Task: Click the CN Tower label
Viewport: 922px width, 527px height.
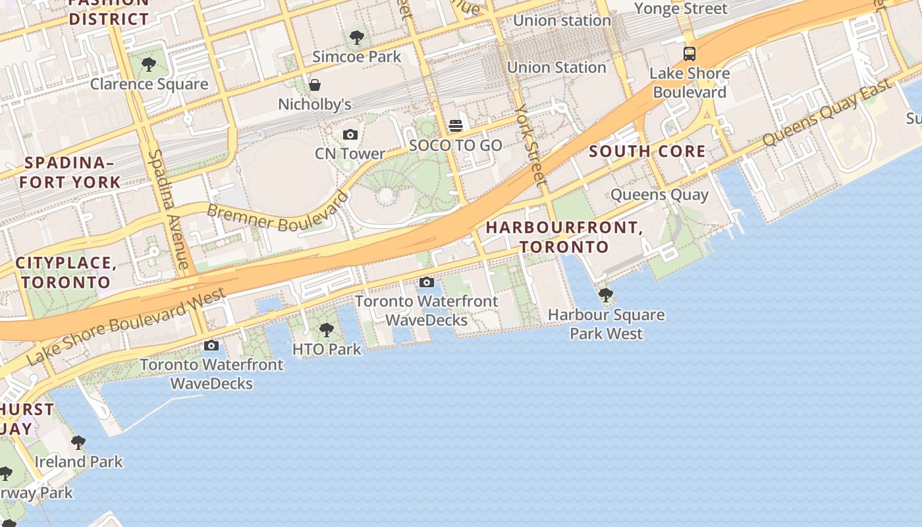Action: (x=350, y=153)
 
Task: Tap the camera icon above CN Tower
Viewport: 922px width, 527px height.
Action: (x=350, y=135)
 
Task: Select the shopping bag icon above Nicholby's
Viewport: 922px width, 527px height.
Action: (x=315, y=85)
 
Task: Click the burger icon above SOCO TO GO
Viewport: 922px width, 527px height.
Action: (x=456, y=126)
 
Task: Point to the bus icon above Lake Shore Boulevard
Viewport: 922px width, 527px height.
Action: (x=690, y=54)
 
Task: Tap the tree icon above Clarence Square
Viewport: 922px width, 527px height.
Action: (x=149, y=65)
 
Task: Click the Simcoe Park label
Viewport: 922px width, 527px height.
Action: (x=356, y=57)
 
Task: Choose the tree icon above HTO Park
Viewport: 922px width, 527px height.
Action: (x=326, y=329)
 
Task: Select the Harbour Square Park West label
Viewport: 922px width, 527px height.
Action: (x=606, y=324)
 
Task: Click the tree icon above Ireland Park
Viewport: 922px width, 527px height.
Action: (x=78, y=442)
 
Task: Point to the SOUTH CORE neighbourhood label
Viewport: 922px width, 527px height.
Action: (x=647, y=152)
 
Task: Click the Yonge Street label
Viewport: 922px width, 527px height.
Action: (x=680, y=9)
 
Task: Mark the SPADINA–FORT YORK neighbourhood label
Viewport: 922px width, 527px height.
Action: (x=70, y=173)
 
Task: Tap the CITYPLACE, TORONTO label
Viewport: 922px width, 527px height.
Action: (x=66, y=273)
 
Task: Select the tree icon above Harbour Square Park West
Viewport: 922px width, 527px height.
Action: (x=605, y=295)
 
